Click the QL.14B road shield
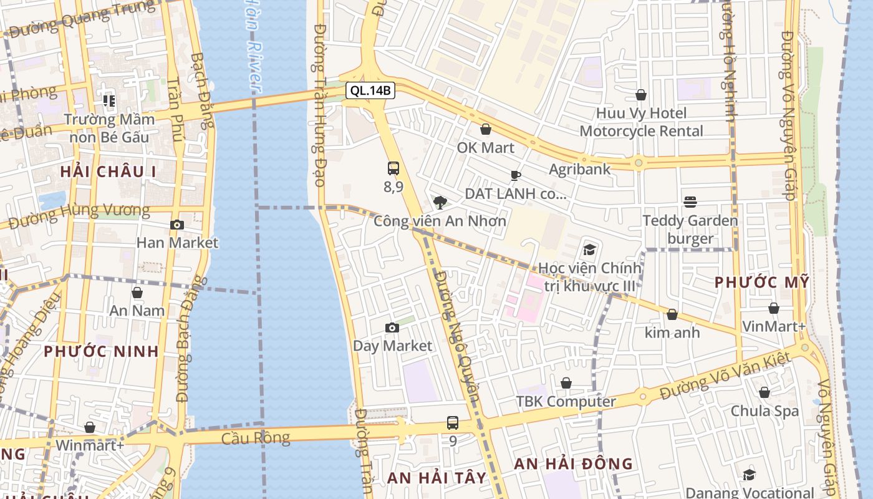(x=370, y=90)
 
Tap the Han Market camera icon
(x=177, y=225)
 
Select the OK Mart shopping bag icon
(x=486, y=130)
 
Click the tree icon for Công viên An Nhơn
(x=440, y=202)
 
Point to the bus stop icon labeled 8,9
(x=393, y=168)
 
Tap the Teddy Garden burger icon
(x=690, y=202)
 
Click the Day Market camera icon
(x=392, y=327)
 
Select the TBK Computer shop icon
(x=566, y=383)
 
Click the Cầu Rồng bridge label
(x=256, y=438)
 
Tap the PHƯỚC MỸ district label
(x=761, y=283)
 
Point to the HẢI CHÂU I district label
(x=109, y=172)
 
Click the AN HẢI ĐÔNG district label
(x=573, y=464)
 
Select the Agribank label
(x=580, y=169)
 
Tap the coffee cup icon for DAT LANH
(x=515, y=175)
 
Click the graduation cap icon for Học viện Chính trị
(x=589, y=250)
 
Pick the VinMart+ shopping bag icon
(x=774, y=308)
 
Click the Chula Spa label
(x=764, y=411)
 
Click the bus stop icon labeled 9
(x=453, y=423)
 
